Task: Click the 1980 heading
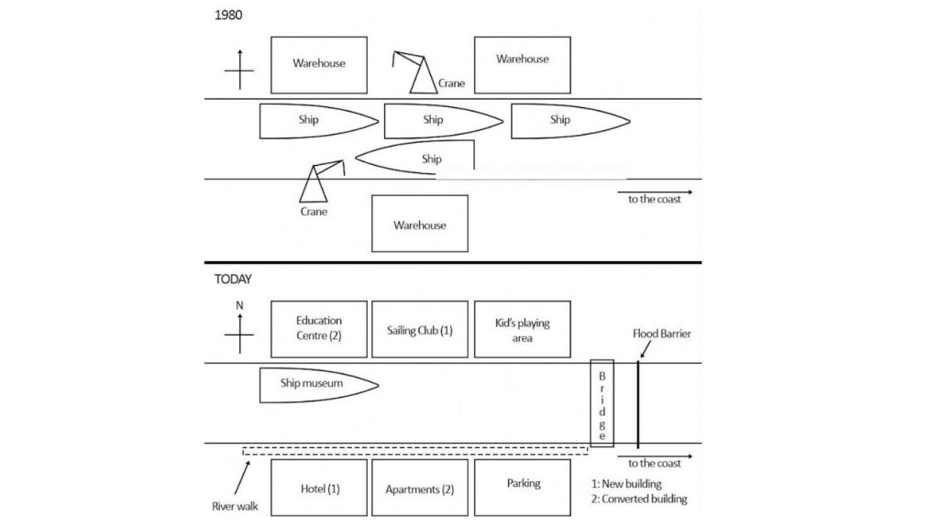(x=228, y=16)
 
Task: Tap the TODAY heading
(x=233, y=280)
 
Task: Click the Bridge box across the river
(x=602, y=402)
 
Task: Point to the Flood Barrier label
(x=661, y=334)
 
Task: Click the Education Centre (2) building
(x=319, y=329)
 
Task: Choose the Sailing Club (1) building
(x=420, y=329)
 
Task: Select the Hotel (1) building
(x=319, y=489)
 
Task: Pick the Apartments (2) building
(x=420, y=489)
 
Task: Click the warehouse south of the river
(x=419, y=224)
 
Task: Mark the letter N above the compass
(x=239, y=306)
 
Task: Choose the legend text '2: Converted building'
(x=639, y=500)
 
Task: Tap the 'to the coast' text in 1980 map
(x=654, y=199)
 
